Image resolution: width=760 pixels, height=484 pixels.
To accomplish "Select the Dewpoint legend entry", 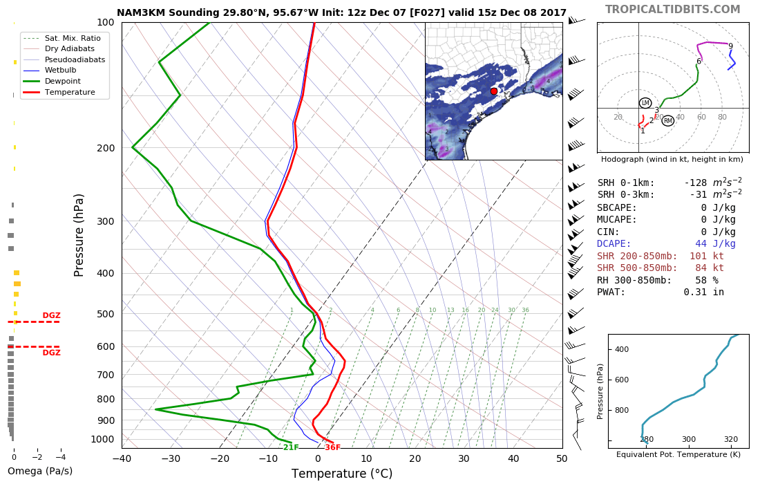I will [60, 81].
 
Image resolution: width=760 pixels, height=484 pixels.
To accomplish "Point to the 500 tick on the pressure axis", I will [105, 314].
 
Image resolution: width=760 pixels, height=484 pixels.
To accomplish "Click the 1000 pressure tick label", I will [102, 439].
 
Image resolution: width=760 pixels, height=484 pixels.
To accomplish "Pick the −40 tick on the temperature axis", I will [122, 458].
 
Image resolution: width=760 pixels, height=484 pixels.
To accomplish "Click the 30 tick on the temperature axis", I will [464, 458].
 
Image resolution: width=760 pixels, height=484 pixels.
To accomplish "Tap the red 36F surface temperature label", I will [332, 447].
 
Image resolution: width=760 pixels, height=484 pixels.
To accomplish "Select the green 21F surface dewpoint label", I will [291, 447].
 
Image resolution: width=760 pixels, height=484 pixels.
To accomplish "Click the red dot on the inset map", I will [493, 91].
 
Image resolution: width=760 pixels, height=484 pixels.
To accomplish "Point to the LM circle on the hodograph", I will [645, 103].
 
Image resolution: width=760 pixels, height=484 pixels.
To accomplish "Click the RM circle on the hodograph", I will [667, 121].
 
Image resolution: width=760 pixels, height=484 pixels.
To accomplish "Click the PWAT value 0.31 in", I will [703, 292].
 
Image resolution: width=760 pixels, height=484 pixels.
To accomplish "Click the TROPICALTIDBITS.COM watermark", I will [672, 10].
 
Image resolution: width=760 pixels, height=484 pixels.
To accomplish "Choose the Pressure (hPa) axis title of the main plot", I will [79, 235].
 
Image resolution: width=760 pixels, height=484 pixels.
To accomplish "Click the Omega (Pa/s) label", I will [40, 472].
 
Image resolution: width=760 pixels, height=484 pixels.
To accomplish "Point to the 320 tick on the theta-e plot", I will [731, 439].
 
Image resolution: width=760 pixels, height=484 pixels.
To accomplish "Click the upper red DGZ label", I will [52, 315].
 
